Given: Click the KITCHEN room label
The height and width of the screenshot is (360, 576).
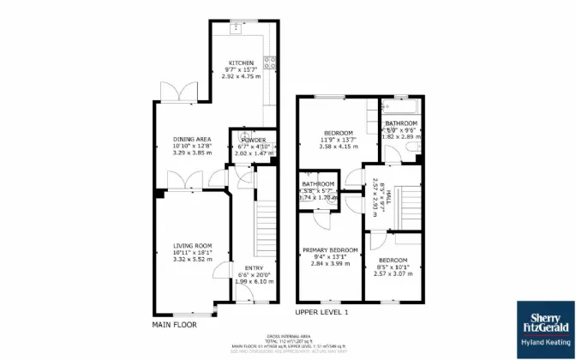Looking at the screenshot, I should pyautogui.click(x=240, y=63).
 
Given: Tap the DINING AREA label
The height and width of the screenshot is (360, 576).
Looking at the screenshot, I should pyautogui.click(x=192, y=139).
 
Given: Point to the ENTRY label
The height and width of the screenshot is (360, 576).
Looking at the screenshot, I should pyautogui.click(x=254, y=267).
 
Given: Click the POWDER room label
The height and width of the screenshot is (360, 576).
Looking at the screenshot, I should pyautogui.click(x=253, y=140).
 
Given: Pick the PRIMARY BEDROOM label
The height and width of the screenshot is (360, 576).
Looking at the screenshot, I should pyautogui.click(x=329, y=249).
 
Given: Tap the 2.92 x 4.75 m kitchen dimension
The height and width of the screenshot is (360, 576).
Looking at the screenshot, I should pyautogui.click(x=240, y=77).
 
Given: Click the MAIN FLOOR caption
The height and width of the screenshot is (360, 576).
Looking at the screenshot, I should pyautogui.click(x=174, y=325).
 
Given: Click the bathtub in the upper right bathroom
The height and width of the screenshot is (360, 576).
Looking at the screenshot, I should pyautogui.click(x=399, y=109).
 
